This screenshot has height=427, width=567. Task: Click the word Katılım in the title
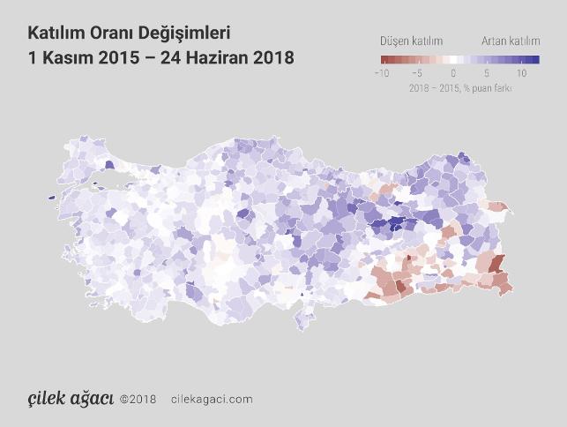click(56, 34)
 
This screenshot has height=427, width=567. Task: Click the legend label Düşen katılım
click(411, 41)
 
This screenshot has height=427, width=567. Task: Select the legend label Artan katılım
click(511, 41)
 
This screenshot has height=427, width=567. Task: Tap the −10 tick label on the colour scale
click(381, 74)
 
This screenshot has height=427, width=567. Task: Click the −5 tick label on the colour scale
click(417, 74)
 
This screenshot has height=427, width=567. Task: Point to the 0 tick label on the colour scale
click(452, 74)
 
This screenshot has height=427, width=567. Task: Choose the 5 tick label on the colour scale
click(487, 74)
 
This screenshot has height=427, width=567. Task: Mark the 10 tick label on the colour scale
click(521, 74)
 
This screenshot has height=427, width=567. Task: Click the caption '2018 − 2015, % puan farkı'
click(460, 88)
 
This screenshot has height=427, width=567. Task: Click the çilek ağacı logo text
click(69, 398)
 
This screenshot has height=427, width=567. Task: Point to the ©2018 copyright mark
click(138, 399)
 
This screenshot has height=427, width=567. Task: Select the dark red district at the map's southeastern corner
click(497, 262)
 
